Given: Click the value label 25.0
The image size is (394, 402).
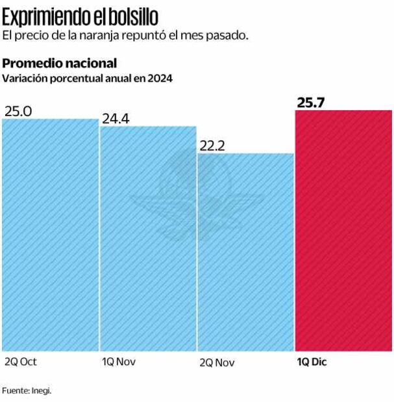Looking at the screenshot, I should (x=18, y=111).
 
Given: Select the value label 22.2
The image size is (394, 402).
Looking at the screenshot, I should (x=212, y=146).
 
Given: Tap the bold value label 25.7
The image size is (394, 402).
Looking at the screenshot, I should (x=311, y=102).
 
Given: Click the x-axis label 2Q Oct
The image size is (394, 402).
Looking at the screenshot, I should (x=21, y=362).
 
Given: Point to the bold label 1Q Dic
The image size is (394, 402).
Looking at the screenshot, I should (x=312, y=362).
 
